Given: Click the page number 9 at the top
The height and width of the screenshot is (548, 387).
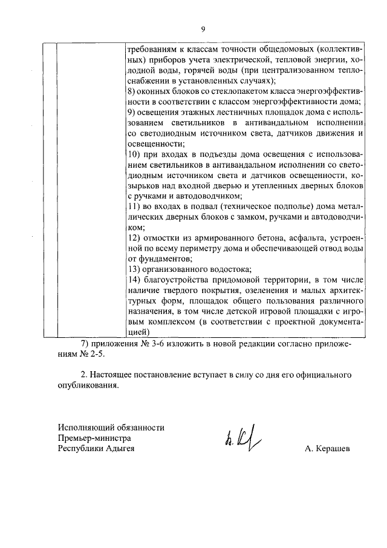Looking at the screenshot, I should point(203,29).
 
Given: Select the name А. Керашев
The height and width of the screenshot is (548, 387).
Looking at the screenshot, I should point(327,449).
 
